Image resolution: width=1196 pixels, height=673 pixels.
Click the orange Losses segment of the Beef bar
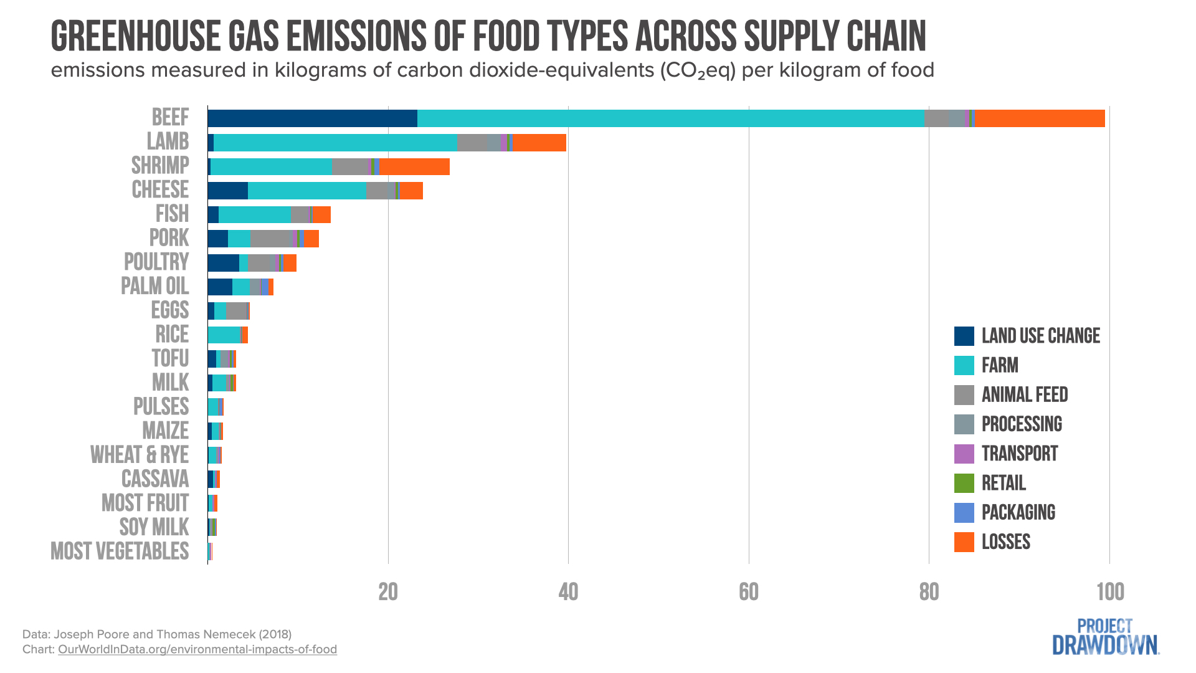coord(1040,118)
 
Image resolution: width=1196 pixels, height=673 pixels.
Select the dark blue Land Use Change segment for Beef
coord(312,118)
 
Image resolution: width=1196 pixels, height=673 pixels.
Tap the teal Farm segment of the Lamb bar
coord(335,143)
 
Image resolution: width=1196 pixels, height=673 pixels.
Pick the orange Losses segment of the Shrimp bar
coord(415,167)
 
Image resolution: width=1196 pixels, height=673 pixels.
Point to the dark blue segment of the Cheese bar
coord(227,191)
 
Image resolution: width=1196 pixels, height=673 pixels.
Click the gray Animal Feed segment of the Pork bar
coord(271,239)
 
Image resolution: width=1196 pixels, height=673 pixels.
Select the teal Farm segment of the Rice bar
coord(224,335)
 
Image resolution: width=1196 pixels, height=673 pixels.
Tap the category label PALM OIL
coord(154,287)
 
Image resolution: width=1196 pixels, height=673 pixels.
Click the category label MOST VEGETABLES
coord(120,551)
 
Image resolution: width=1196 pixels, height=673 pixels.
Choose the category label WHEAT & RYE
coord(140,455)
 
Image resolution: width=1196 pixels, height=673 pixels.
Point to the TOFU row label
coord(170,359)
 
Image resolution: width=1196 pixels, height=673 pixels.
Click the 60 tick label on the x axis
coord(749,592)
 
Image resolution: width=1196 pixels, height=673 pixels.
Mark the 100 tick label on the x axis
coord(1110,592)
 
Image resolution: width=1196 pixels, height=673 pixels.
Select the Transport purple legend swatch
coord(964,454)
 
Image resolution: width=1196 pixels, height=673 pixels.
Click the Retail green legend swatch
coord(964,483)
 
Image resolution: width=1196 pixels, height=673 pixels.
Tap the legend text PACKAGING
coord(1018,512)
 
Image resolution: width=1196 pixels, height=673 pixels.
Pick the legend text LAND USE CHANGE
coord(1041,336)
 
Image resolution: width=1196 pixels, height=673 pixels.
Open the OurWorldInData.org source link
coord(197,649)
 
